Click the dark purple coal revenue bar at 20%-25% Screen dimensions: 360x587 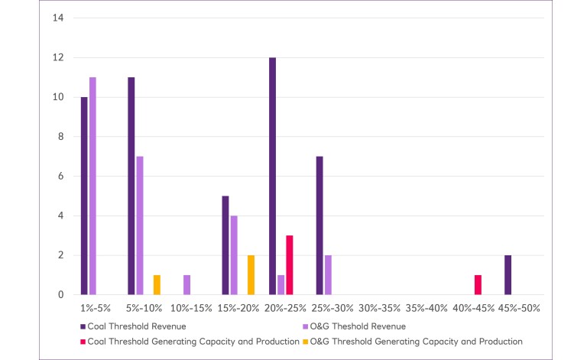pyautogui.click(x=272, y=176)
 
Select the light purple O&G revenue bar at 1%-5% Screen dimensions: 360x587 pyautogui.click(x=92, y=186)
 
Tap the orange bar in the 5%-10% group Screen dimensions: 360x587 pyautogui.click(x=157, y=284)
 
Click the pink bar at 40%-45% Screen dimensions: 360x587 pyautogui.click(x=478, y=284)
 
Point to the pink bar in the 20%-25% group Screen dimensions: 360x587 pyautogui.click(x=290, y=264)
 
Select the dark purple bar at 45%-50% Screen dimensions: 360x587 pyautogui.click(x=508, y=274)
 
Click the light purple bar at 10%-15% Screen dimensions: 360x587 pyautogui.click(x=187, y=284)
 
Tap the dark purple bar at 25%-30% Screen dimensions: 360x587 pyautogui.click(x=319, y=225)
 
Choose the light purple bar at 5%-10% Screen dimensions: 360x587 pyautogui.click(x=140, y=225)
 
